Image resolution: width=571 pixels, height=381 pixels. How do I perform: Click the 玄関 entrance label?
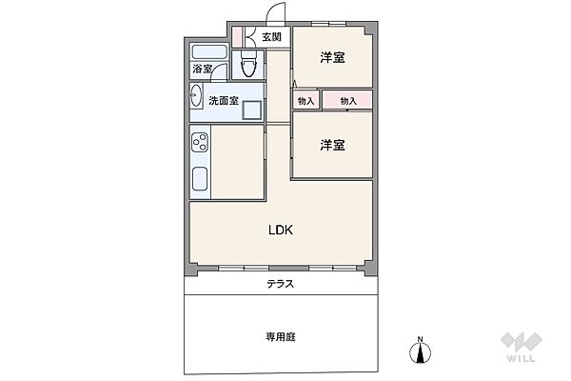tap(271, 37)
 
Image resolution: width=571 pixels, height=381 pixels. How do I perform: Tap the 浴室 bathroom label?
tap(202, 69)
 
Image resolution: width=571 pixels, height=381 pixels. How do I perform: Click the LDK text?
tap(279, 230)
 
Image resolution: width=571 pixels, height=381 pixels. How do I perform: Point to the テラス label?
tap(280, 284)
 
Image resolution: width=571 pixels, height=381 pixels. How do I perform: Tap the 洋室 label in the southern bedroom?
tap(331, 145)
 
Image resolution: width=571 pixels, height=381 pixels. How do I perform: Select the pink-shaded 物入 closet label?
tap(347, 100)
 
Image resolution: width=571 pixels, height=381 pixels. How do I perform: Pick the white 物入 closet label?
tap(305, 100)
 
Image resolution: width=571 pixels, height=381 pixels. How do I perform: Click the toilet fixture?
tap(248, 64)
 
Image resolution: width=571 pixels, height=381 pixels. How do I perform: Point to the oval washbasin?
tap(196, 95)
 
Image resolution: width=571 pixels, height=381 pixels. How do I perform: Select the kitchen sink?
tap(201, 179)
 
